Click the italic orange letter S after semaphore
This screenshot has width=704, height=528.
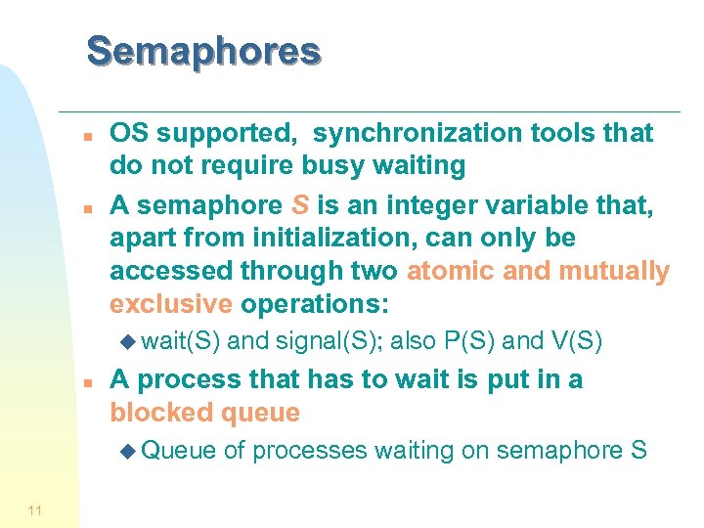click(x=301, y=204)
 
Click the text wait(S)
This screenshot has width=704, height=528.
click(x=182, y=341)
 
